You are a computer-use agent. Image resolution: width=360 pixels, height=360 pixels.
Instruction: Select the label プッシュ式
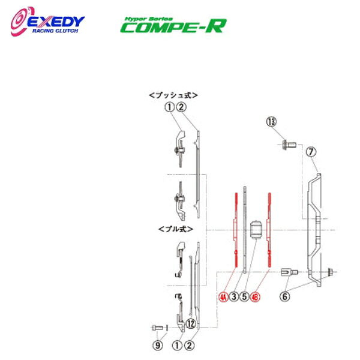pos(173,95)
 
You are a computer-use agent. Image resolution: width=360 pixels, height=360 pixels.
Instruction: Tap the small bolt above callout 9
pos(157,328)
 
